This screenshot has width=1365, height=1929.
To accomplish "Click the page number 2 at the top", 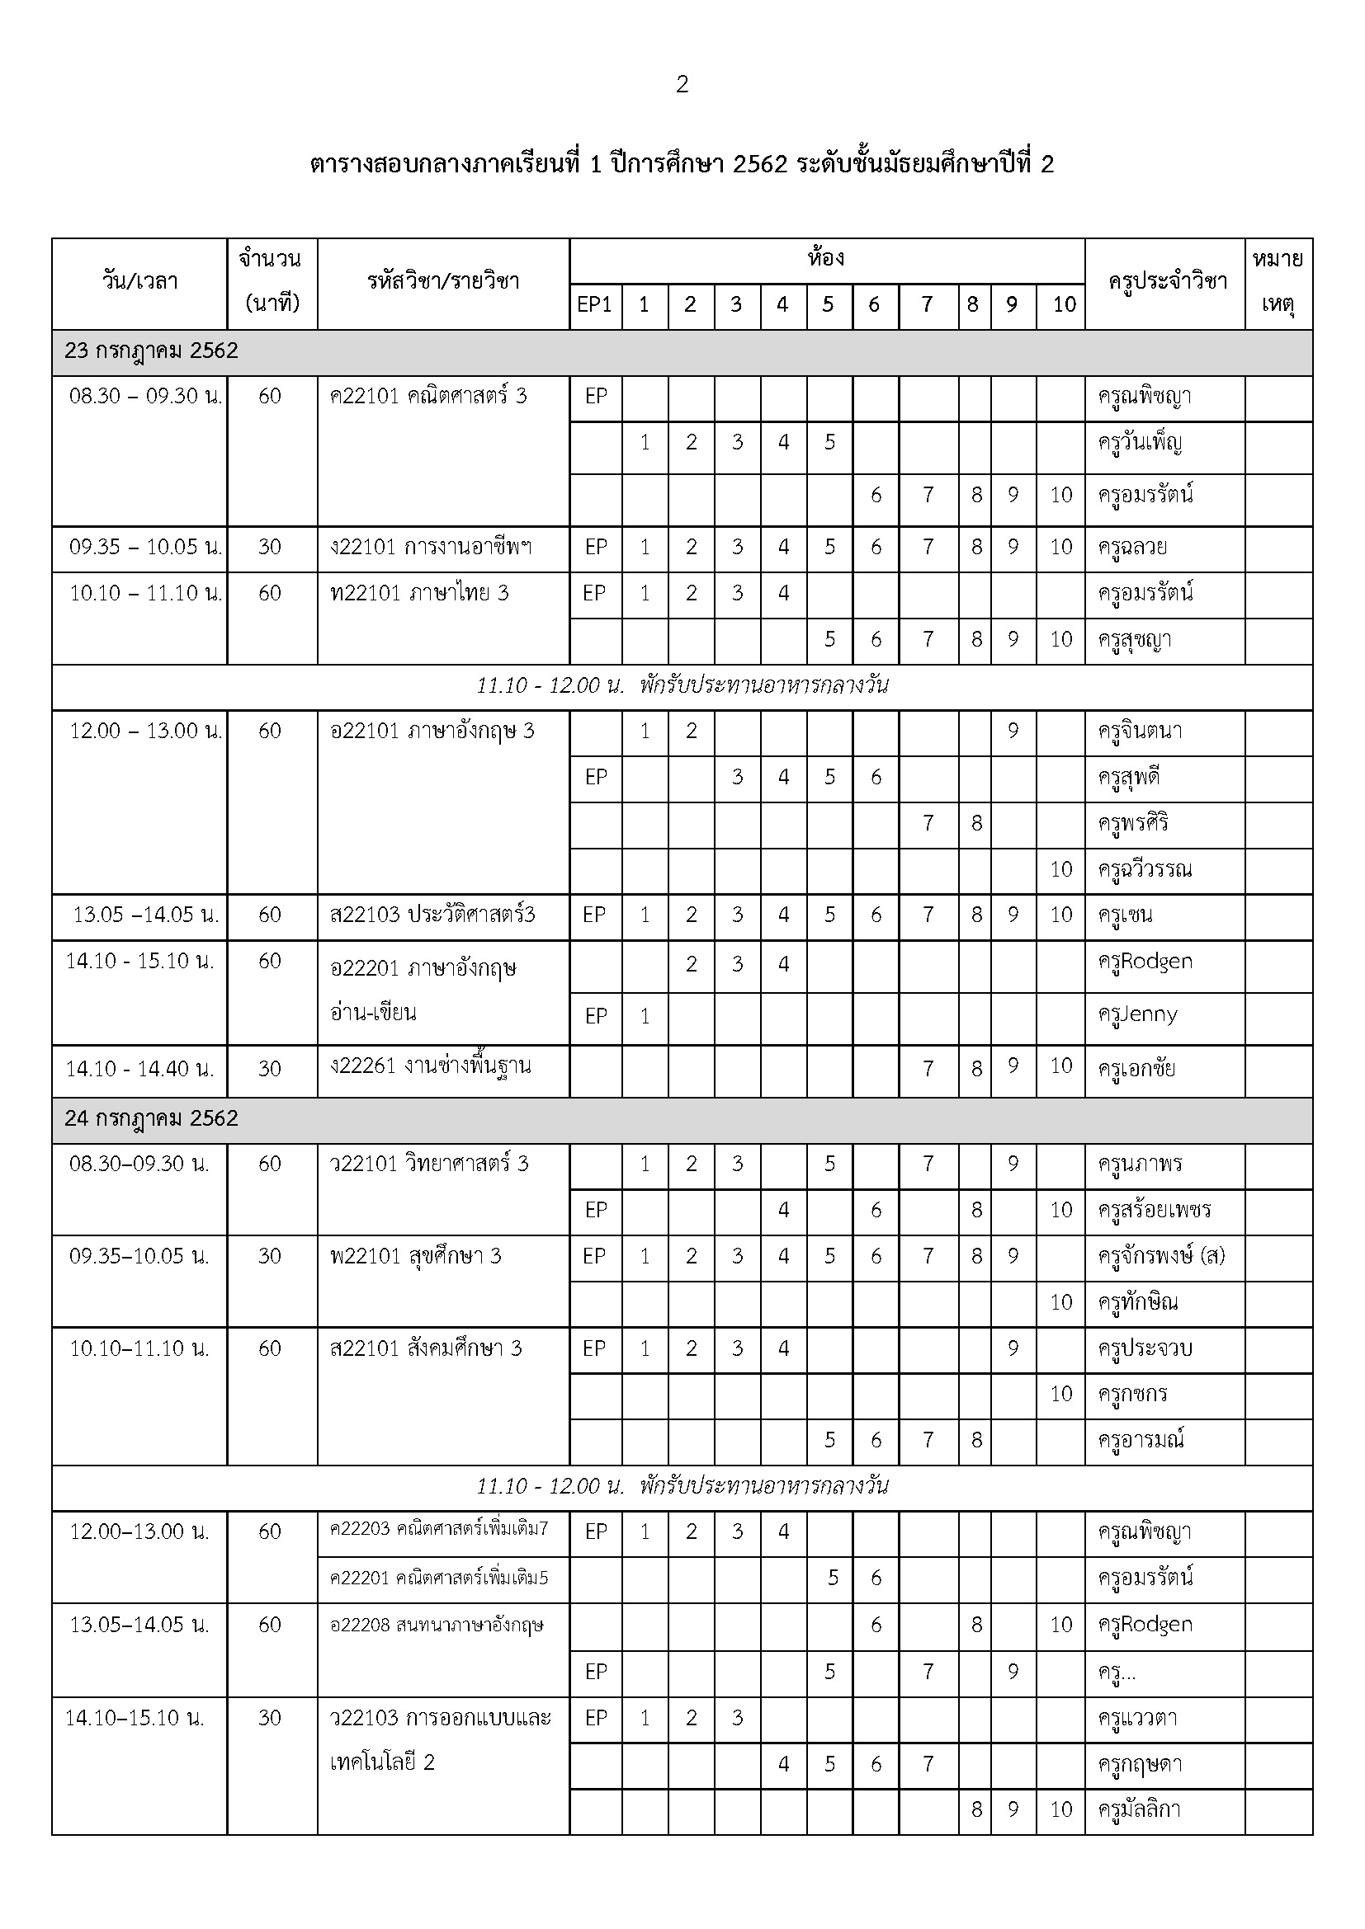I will (x=682, y=84).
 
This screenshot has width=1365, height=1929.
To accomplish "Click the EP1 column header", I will (x=594, y=304).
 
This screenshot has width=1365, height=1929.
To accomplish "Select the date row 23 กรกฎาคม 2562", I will (x=151, y=351).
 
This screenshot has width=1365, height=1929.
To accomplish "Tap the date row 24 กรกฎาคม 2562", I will (x=151, y=1119).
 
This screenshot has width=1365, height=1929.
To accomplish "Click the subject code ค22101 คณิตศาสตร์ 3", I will (x=427, y=396).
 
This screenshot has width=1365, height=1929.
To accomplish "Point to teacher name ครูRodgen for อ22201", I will (x=1145, y=962).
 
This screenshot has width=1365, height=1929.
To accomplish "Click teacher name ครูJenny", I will (x=1137, y=1015).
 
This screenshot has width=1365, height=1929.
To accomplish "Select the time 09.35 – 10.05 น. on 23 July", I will (x=145, y=548).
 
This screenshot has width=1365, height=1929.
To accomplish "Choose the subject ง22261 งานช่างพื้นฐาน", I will (x=430, y=1067).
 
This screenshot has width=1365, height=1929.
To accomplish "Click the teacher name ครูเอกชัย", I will (x=1136, y=1069).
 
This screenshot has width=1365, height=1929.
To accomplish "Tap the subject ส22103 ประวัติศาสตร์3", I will (x=432, y=915).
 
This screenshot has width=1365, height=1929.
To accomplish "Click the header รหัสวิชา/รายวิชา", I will (x=443, y=282).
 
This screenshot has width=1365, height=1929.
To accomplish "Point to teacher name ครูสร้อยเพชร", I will (x=1154, y=1210).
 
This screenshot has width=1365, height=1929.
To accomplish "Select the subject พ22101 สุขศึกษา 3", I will (x=415, y=1256).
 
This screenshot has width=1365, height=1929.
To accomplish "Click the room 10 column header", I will (x=1064, y=304).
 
